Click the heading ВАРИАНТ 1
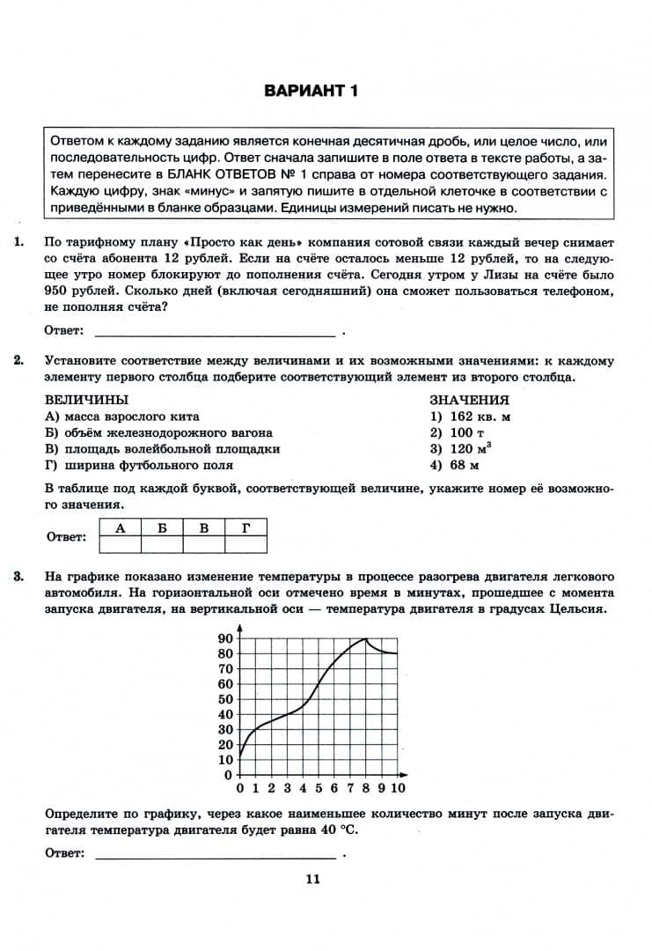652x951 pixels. tap(311, 91)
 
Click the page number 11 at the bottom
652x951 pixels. tap(311, 878)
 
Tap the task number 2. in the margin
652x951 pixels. tap(19, 361)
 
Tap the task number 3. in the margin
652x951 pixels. tap(19, 577)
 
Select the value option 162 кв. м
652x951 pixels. tap(471, 417)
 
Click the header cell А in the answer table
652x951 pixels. tap(120, 527)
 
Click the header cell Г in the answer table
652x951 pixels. tap(246, 527)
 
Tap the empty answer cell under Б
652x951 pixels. tap(162, 544)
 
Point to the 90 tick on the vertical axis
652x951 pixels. tap(224, 638)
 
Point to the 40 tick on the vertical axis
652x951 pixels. tap(224, 714)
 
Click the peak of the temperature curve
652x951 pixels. tap(366, 639)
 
